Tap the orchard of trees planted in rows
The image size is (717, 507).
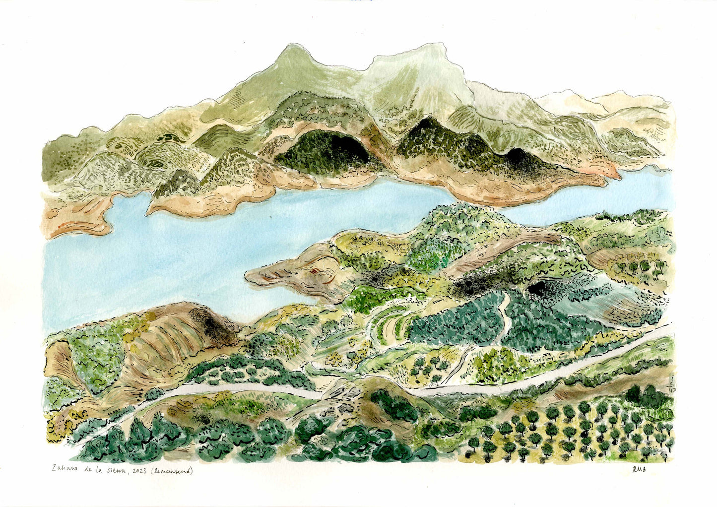pyautogui.click(x=571, y=432)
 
